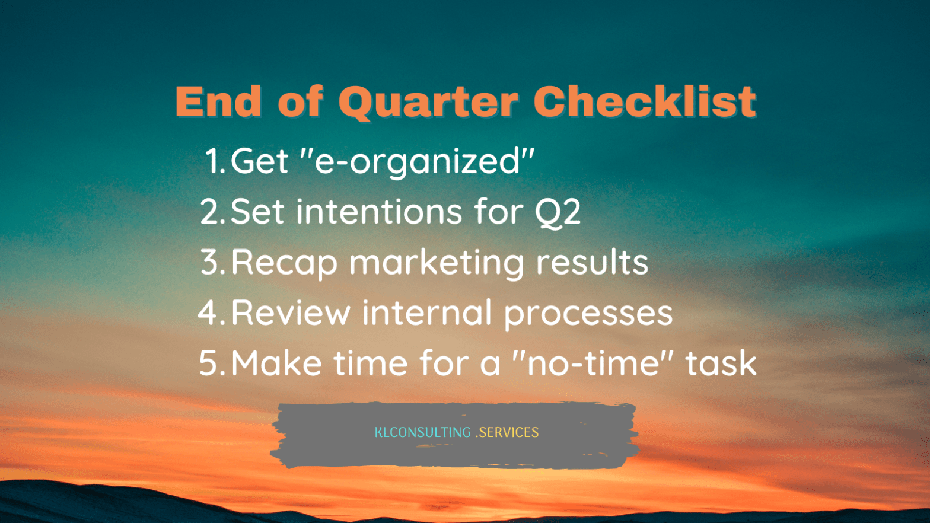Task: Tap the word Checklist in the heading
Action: tap(645, 101)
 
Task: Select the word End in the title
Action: tap(218, 101)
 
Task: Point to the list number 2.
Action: tap(212, 211)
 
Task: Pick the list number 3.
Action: tap(212, 262)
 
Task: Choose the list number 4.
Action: tap(212, 312)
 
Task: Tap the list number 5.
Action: tap(212, 363)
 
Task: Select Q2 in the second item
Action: tap(557, 212)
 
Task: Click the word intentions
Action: tap(379, 211)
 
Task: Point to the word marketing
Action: tap(437, 264)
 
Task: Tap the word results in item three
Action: tap(592, 262)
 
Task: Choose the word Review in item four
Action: tap(291, 312)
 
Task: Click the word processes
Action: tap(588, 315)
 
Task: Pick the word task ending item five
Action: tap(721, 362)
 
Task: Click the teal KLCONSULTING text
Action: tap(423, 432)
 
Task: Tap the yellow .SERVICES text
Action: tap(507, 432)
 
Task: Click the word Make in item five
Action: tap(276, 363)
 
